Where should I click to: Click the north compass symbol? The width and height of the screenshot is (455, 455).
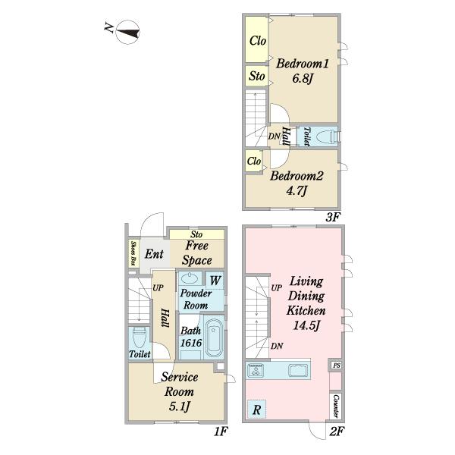pyautogui.click(x=127, y=32)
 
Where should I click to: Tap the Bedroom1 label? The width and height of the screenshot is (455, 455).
pyautogui.click(x=302, y=64)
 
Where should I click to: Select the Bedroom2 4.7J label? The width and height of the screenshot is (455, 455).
pyautogui.click(x=297, y=184)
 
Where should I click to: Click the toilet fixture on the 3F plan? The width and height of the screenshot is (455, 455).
pyautogui.click(x=327, y=136)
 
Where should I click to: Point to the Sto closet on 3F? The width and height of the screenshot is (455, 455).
pyautogui.click(x=256, y=76)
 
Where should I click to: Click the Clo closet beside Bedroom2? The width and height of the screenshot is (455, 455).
pyautogui.click(x=254, y=161)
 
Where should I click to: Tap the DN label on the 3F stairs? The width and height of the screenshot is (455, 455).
pyautogui.click(x=274, y=136)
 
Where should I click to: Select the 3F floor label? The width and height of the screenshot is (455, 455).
pyautogui.click(x=332, y=217)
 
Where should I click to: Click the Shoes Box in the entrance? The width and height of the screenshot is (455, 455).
pyautogui.click(x=133, y=253)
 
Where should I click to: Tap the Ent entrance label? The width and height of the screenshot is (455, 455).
pyautogui.click(x=154, y=254)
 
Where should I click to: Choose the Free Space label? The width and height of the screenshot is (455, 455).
pyautogui.click(x=196, y=253)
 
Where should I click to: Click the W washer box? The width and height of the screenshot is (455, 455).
pyautogui.click(x=215, y=281)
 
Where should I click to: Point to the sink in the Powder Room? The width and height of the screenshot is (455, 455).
pyautogui.click(x=190, y=278)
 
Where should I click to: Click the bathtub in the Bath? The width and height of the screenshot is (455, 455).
pyautogui.click(x=214, y=338)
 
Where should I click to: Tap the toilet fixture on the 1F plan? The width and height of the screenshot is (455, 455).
pyautogui.click(x=140, y=337)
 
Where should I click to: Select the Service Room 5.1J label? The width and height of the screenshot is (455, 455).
pyautogui.click(x=179, y=392)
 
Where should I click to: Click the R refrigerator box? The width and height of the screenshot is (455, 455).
pyautogui.click(x=256, y=409)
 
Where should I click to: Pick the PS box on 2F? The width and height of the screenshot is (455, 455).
pyautogui.click(x=336, y=366)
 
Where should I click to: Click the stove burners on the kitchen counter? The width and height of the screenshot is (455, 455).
pyautogui.click(x=256, y=370)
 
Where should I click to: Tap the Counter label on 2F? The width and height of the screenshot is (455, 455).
pyautogui.click(x=336, y=406)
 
